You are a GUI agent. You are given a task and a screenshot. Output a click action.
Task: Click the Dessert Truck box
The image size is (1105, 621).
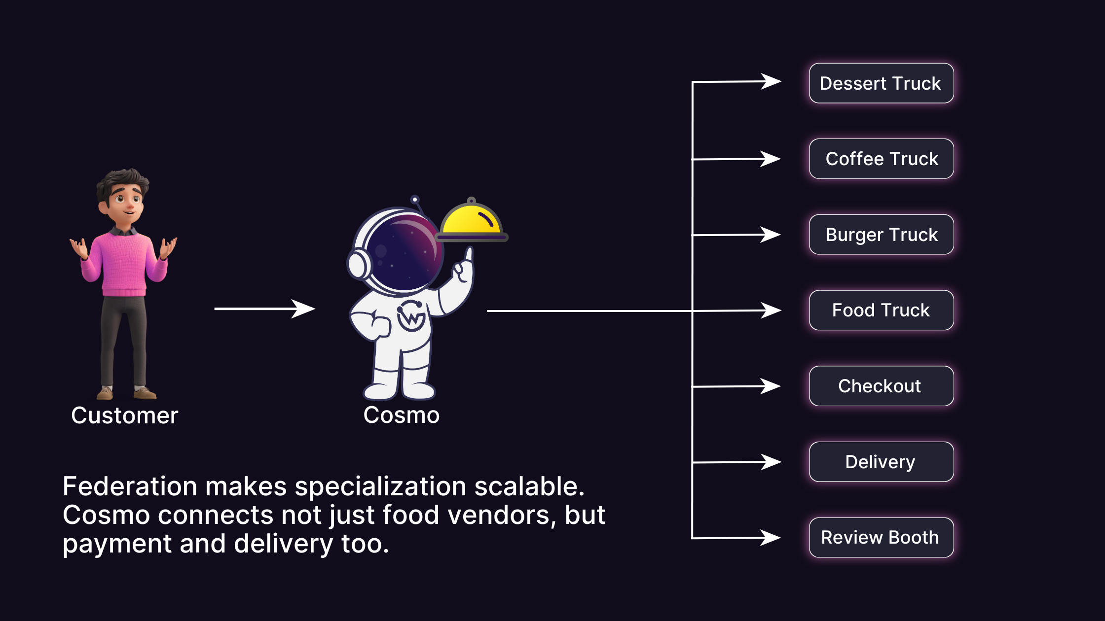[x=881, y=83]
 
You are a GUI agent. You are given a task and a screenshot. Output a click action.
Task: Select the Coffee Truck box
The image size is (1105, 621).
[x=881, y=159]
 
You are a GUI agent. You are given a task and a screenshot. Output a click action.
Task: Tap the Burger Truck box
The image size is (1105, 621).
[x=881, y=235]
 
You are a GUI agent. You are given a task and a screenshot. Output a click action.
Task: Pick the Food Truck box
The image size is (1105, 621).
[x=881, y=310]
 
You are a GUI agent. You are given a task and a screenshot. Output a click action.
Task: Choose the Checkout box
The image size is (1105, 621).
[x=881, y=386]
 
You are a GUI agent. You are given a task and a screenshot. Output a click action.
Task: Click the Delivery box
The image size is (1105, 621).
[x=881, y=462]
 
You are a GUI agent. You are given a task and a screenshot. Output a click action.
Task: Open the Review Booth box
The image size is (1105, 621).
[x=881, y=537]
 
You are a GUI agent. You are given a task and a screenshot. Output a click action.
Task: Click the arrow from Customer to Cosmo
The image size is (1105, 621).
[x=264, y=309]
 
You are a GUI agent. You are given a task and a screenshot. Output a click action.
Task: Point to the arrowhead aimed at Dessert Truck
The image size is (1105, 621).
[x=771, y=81]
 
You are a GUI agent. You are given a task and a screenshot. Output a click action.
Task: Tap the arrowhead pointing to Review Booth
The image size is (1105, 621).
[x=771, y=537]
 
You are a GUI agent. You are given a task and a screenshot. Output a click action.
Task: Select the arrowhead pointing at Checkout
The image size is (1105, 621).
[x=771, y=386]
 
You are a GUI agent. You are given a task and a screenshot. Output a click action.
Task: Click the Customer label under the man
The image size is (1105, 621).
[x=124, y=415]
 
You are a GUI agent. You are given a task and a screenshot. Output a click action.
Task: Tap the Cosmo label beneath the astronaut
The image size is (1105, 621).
[x=401, y=415]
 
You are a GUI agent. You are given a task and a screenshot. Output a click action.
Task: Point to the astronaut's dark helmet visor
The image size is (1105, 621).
[x=402, y=251]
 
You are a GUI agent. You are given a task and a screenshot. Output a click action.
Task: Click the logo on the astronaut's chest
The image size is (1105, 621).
[x=411, y=315]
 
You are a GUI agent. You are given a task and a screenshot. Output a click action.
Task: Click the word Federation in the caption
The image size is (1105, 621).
[x=130, y=486]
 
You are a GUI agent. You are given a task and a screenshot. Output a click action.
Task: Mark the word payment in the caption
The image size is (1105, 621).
[x=117, y=544]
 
